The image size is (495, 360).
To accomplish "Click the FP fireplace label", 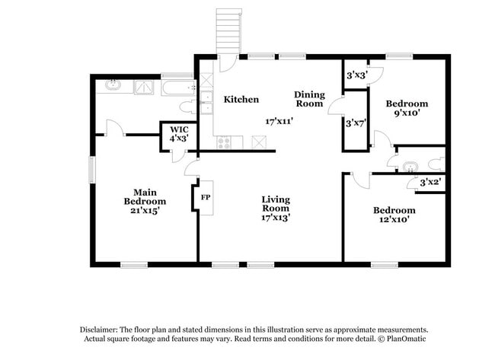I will pos(205,197).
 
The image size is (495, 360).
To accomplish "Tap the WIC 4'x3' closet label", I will pos(179,134).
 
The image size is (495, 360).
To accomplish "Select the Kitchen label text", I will pos(241,100).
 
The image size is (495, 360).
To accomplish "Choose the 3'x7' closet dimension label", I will pos(356,123).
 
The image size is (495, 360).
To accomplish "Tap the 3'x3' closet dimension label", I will pos(356,75).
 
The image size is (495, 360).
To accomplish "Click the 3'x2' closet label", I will pos(431,183).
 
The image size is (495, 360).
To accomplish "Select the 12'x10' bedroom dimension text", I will pos(394,220).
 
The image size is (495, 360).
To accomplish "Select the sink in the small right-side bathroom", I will pos(410,166).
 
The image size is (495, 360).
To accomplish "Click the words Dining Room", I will pos(309,99).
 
